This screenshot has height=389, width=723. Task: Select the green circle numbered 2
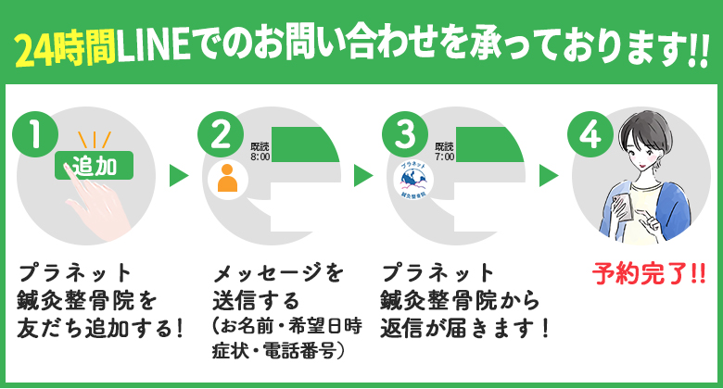coord(220,136)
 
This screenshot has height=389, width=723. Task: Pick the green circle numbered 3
coord(403,136)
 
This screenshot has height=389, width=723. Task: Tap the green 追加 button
coord(95,167)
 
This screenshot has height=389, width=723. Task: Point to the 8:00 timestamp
coord(260,157)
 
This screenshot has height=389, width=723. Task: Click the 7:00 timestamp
coord(444,157)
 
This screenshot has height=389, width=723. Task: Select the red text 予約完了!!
coord(648,275)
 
